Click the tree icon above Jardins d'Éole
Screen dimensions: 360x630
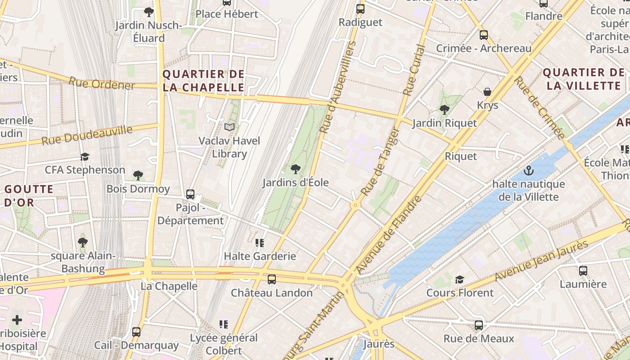(x=295, y=169)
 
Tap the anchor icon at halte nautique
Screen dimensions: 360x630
(x=529, y=171)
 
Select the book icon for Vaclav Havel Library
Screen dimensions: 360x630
(x=229, y=127)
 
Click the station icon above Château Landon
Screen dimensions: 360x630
(x=272, y=279)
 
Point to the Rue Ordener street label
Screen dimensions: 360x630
(x=102, y=84)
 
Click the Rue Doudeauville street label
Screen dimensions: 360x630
(x=87, y=135)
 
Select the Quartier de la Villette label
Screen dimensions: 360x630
(x=584, y=79)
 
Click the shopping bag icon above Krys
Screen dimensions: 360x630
(x=487, y=92)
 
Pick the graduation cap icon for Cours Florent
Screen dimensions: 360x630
(x=459, y=279)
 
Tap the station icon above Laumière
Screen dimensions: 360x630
(x=583, y=270)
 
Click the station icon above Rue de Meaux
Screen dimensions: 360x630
(x=479, y=325)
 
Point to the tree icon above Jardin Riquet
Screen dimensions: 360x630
(x=445, y=109)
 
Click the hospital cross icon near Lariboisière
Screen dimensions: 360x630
(x=17, y=320)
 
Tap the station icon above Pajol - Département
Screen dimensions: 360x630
(x=190, y=194)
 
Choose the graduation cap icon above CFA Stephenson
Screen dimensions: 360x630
(x=85, y=157)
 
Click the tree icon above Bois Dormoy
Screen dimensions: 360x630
(x=138, y=175)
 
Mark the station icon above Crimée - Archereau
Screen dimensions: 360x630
(x=484, y=35)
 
